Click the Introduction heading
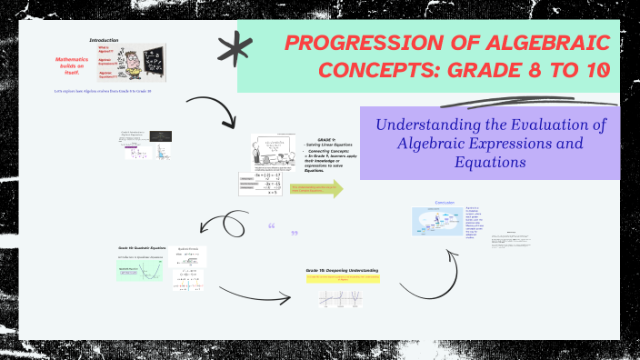[104, 41]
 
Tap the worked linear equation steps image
[273, 185]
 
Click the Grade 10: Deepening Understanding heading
[342, 270]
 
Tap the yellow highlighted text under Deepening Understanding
[342, 279]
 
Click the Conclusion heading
[445, 202]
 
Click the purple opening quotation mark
[271, 227]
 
